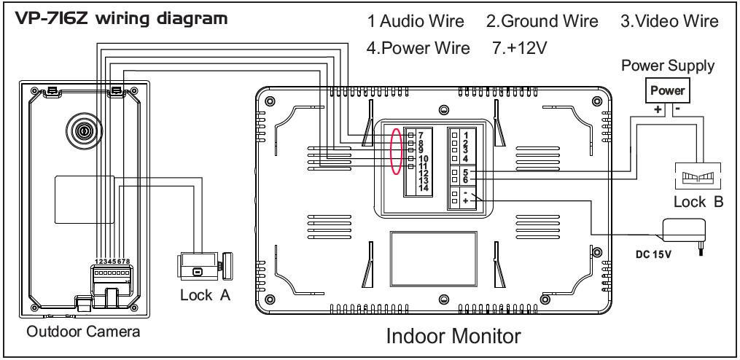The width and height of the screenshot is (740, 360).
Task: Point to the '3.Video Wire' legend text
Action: coord(669,23)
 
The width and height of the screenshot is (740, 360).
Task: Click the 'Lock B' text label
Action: coord(698,203)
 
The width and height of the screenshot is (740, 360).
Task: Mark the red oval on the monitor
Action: coord(396,152)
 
